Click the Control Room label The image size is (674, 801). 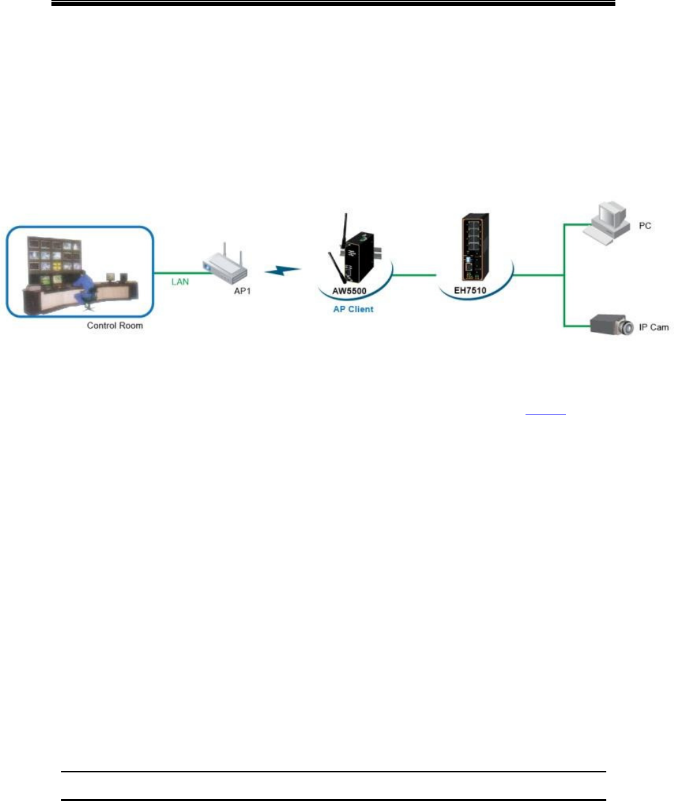115,325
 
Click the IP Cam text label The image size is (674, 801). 653,327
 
